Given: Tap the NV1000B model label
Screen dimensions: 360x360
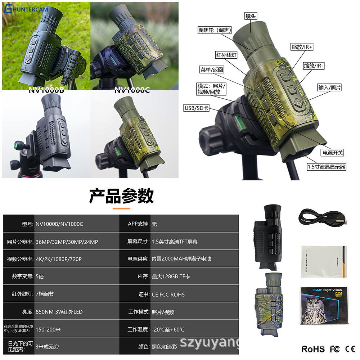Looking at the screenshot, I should (46, 90).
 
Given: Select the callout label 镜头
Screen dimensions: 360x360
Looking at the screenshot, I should (251, 16).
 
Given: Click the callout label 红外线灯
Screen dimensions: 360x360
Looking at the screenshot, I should (226, 55).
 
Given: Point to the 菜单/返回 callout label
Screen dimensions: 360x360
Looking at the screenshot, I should (212, 70).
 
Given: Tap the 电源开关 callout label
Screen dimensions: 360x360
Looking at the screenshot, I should (333, 153).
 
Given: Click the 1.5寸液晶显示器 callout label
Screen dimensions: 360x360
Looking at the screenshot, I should (326, 167).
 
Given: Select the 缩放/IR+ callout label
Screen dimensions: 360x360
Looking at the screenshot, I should (302, 47).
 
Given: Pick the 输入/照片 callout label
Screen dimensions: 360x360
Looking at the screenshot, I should (329, 87).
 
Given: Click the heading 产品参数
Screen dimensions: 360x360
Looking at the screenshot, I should (121, 196).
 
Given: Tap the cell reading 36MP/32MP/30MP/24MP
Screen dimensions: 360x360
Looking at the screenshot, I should (67, 242).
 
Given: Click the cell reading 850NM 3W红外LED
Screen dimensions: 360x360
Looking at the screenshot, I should (59, 312).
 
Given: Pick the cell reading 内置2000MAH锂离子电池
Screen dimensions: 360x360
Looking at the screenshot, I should (181, 259).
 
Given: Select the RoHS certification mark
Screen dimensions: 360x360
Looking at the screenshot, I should (312, 349).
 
